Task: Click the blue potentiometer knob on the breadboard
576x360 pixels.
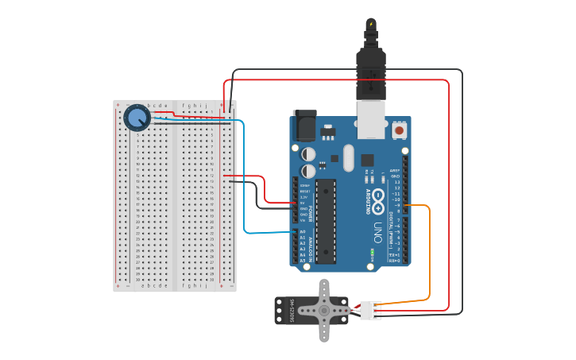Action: [x=137, y=118]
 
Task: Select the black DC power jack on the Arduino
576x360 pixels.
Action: [x=304, y=126]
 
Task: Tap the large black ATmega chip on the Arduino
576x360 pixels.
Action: [x=326, y=220]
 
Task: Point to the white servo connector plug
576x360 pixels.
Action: [x=370, y=310]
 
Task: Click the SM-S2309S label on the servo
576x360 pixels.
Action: [x=292, y=311]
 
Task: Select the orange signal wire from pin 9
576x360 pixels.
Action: [x=430, y=254]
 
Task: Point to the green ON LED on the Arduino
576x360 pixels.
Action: [x=372, y=254]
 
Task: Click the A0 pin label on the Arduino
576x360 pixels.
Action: [x=303, y=232]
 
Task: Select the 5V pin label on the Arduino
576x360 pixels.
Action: [x=303, y=203]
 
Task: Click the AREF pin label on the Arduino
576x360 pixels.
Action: [x=395, y=169]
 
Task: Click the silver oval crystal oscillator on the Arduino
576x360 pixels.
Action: [x=348, y=157]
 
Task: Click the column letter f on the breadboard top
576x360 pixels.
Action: [x=184, y=105]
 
